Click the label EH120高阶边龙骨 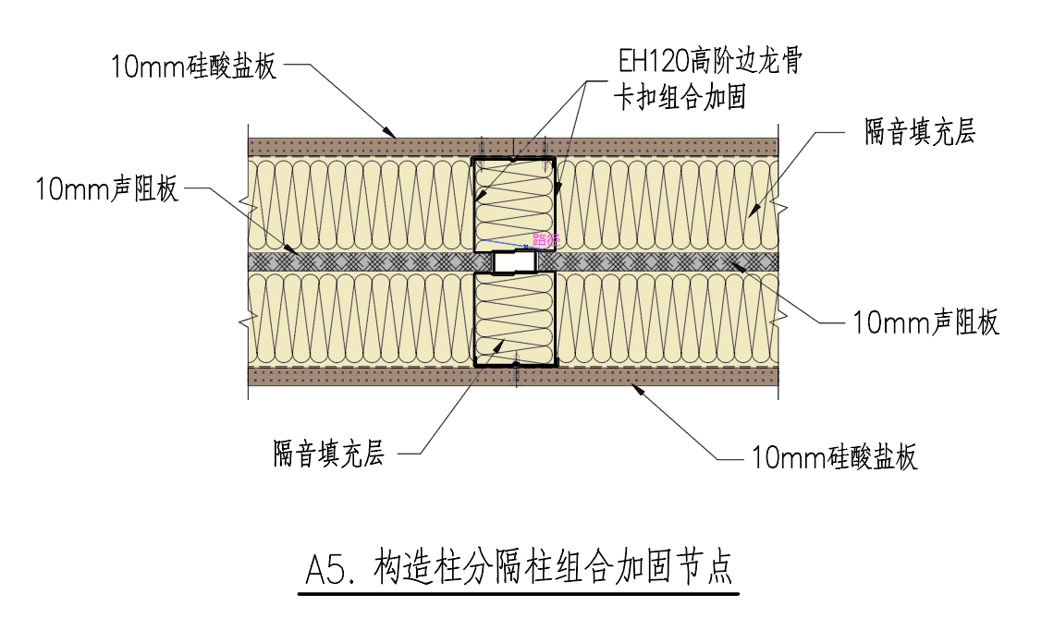[x=710, y=63]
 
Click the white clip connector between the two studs [x=514, y=263]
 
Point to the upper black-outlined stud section [x=514, y=203]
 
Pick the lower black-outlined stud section [x=514, y=319]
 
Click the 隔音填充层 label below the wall [x=328, y=454]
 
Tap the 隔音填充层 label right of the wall [x=920, y=132]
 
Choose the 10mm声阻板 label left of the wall [x=107, y=190]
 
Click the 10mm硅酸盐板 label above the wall [x=193, y=67]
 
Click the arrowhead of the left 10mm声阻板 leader [x=294, y=249]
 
